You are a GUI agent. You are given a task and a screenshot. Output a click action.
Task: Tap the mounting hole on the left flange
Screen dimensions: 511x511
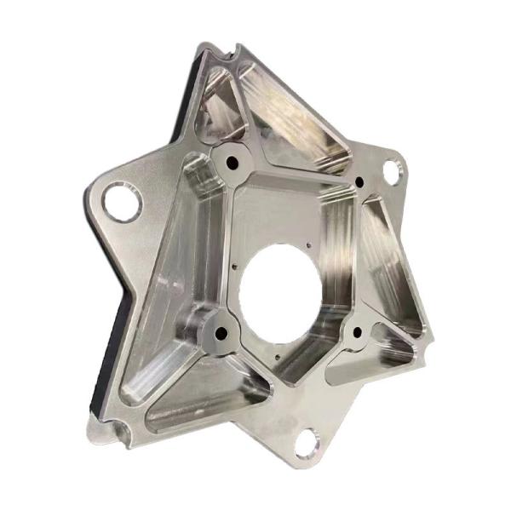(123, 202)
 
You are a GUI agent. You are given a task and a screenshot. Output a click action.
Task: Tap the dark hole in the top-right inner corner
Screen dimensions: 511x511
(360, 181)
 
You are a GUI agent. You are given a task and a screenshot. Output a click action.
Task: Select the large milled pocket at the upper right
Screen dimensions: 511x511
(298, 128)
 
